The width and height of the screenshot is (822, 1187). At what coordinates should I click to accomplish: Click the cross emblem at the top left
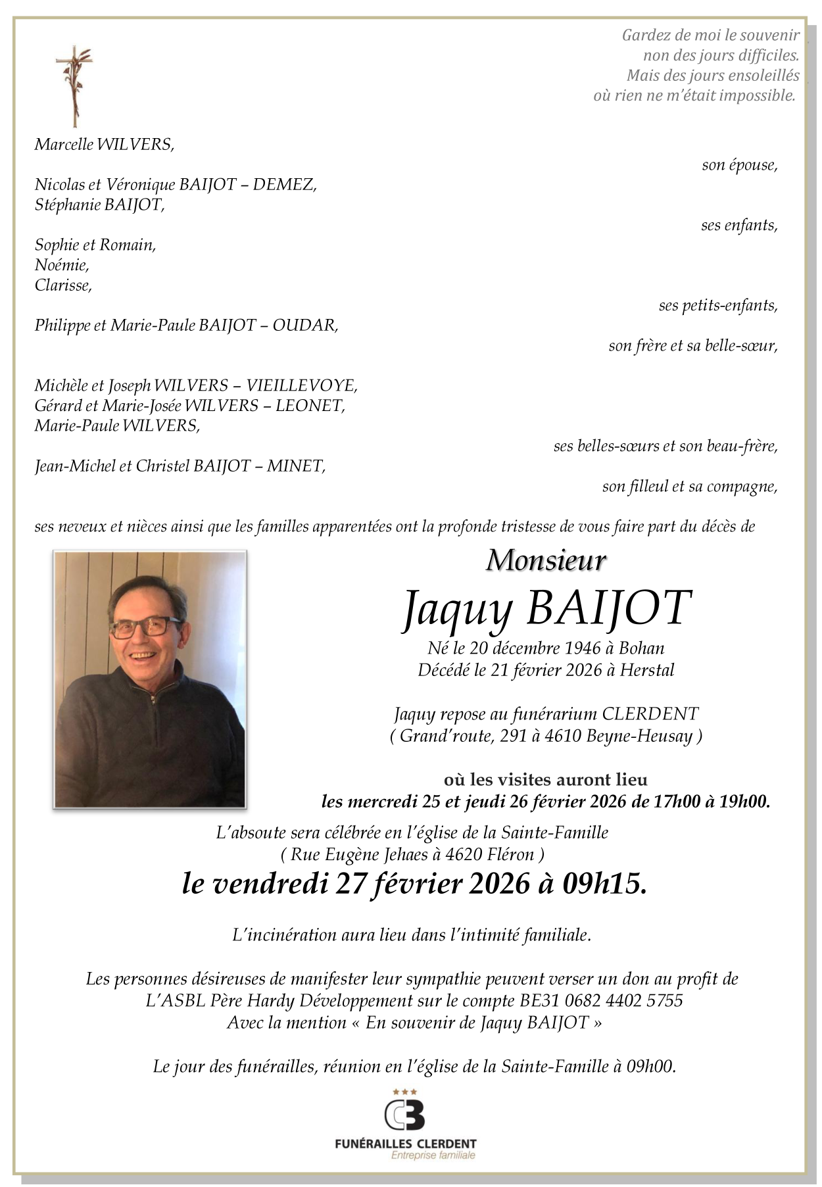[x=74, y=86]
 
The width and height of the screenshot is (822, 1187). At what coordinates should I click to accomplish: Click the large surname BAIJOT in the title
[x=609, y=608]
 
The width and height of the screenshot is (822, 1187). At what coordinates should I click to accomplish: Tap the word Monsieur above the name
[x=546, y=560]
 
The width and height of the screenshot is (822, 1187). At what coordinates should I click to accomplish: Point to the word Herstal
[x=647, y=670]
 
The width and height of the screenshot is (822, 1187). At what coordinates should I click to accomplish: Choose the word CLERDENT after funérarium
[x=650, y=714]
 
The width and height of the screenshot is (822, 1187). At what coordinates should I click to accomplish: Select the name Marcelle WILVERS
[x=104, y=145]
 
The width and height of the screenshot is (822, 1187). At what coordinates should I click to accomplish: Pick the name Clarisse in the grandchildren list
[x=63, y=285]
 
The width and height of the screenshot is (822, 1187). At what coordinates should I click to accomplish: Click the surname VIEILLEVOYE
[x=302, y=385]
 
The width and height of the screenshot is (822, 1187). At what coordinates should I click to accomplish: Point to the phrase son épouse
[x=739, y=165]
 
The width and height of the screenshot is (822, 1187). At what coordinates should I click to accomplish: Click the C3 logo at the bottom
[x=404, y=1115]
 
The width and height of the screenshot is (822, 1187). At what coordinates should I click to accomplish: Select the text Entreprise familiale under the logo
[x=433, y=1155]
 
